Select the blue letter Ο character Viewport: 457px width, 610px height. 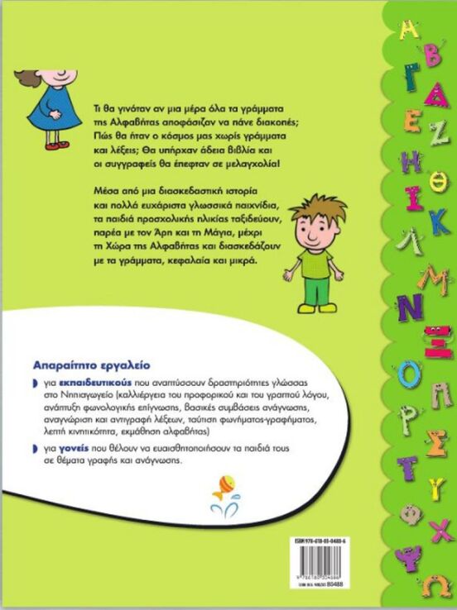tap(409, 374)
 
